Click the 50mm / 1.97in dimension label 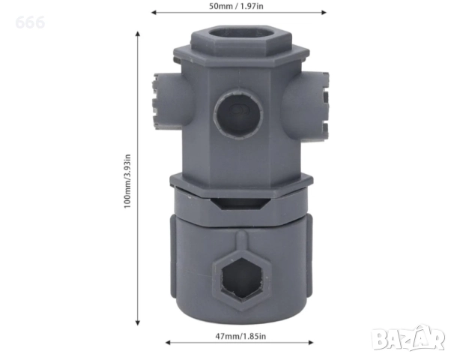click(x=236, y=6)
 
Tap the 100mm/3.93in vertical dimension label click(x=127, y=181)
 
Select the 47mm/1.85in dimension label click(x=240, y=336)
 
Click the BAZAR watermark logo click(x=408, y=337)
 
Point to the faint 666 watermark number click(x=30, y=22)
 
